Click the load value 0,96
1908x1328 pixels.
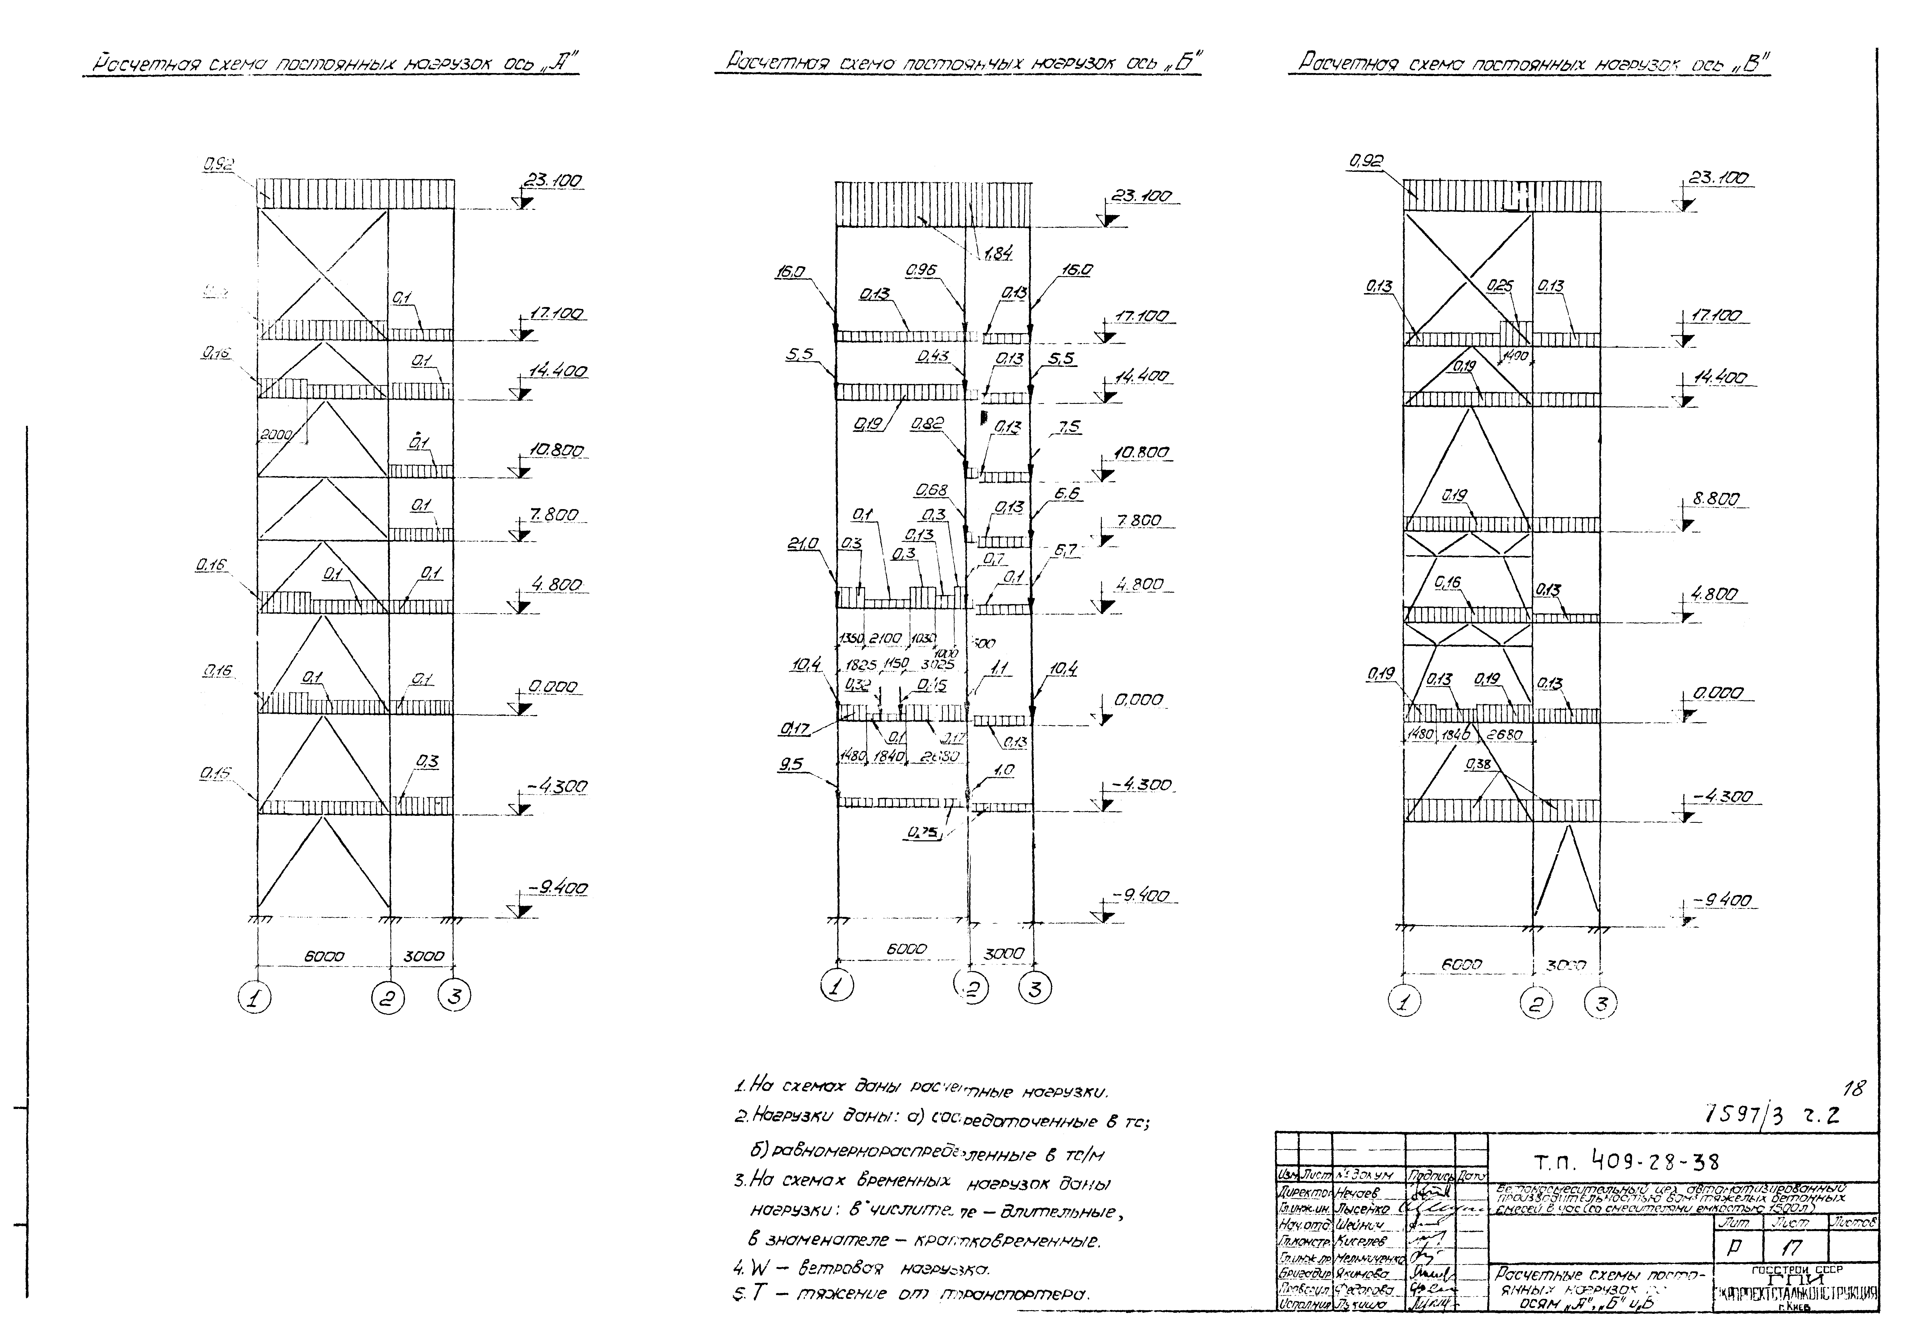click(x=921, y=270)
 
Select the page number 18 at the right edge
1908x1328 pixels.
click(x=1852, y=1089)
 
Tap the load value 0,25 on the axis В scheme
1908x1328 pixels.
click(x=1500, y=286)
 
